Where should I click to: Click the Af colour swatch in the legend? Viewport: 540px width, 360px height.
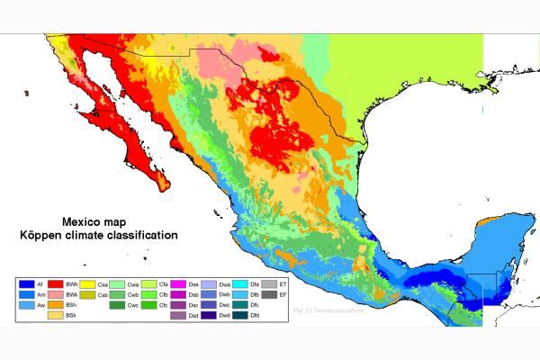pos(27,284)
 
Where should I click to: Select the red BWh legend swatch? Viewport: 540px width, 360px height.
pos(56,284)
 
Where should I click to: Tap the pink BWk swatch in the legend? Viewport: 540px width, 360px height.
pos(56,294)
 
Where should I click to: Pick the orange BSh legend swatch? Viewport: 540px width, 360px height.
pos(56,305)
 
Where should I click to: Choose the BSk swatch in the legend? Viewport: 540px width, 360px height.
pos(56,315)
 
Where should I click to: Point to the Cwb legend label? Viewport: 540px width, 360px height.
pos(133,294)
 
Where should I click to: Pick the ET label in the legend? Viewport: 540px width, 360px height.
pos(283,284)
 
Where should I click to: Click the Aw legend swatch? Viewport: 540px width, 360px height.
pos(27,305)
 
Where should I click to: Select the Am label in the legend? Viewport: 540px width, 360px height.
pos(40,294)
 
